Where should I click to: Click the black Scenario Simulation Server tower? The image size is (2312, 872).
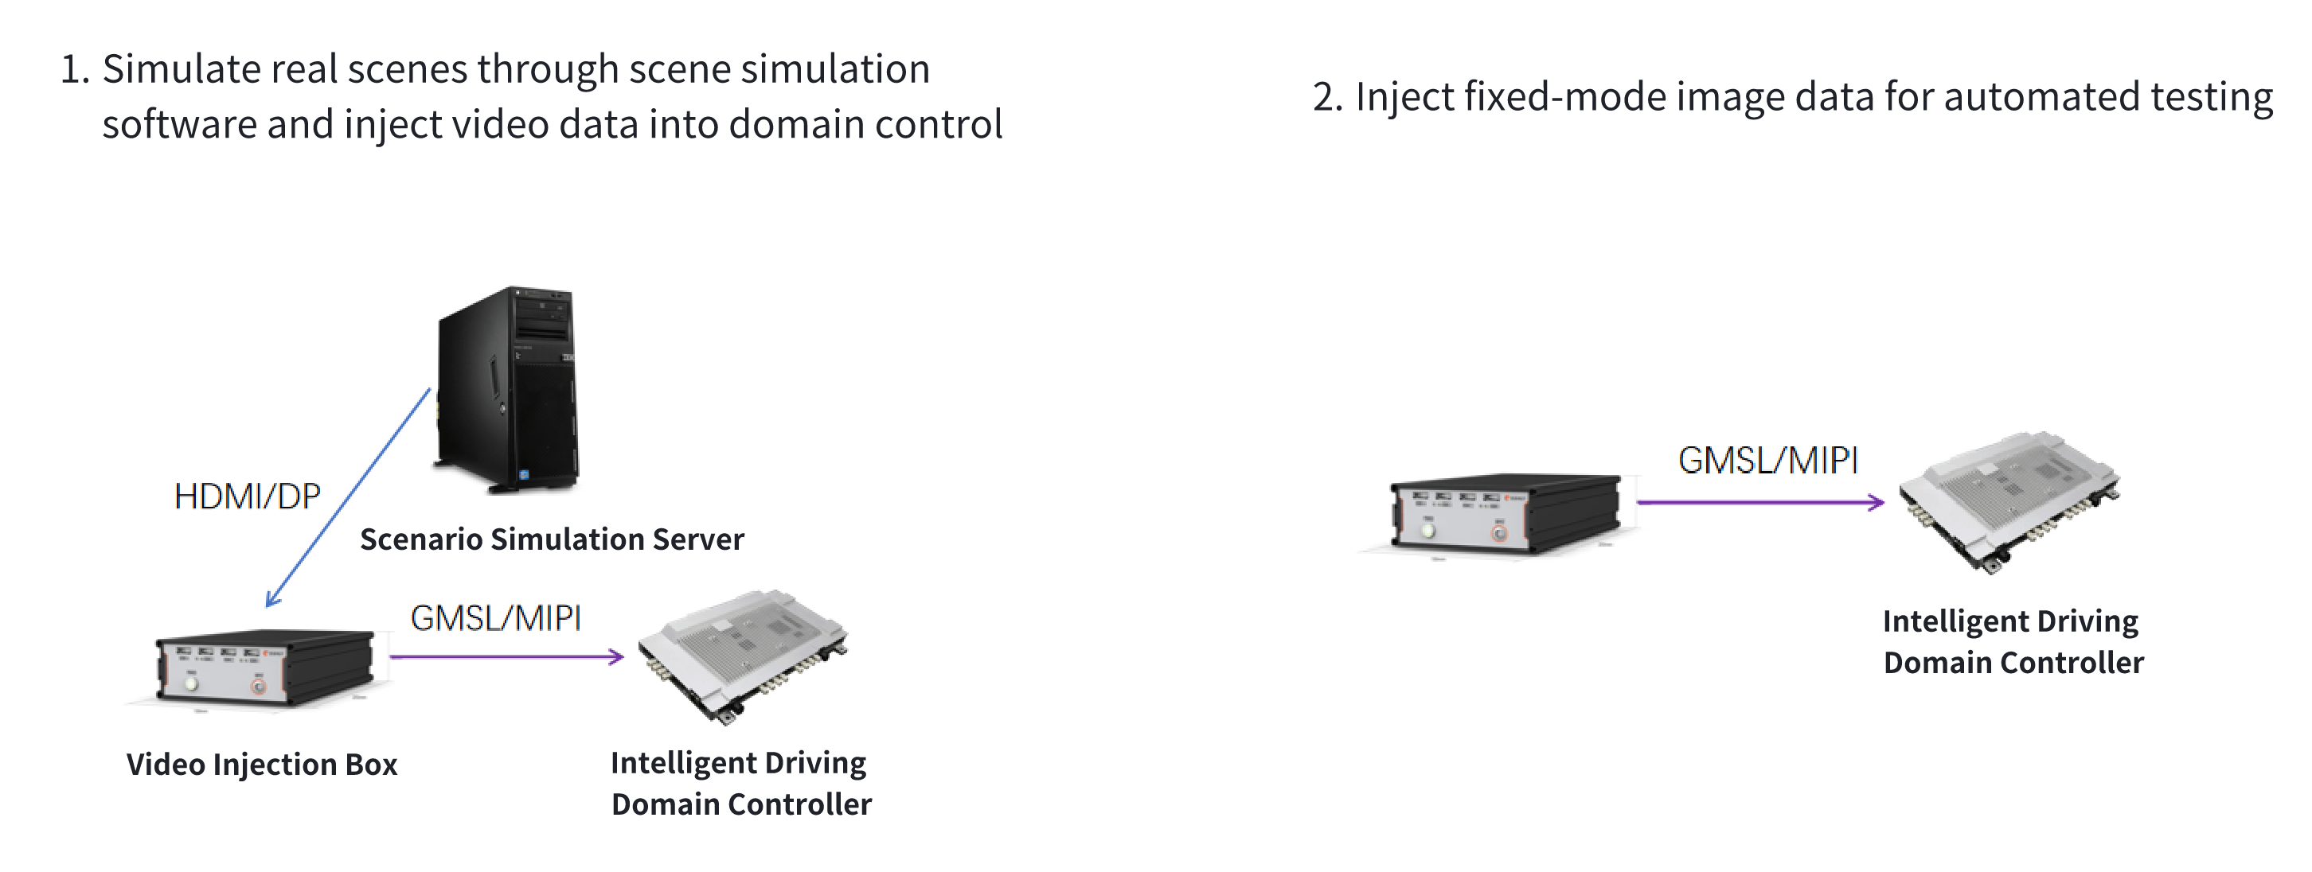507,389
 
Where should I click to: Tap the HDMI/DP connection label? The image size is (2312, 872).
247,497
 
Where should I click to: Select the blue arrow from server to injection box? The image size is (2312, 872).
348,498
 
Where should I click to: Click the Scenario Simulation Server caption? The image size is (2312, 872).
551,539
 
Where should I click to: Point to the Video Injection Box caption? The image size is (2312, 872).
261,765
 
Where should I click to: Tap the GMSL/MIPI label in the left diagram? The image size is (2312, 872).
495,618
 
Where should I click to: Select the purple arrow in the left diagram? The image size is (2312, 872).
506,656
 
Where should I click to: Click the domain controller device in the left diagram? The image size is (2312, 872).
742,655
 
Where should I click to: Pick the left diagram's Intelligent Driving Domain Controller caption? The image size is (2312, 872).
740,783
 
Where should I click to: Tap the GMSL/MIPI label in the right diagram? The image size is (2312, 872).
1767,460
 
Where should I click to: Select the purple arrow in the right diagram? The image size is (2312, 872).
1759,502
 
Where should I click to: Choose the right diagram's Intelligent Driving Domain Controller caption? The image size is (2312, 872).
2012,641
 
